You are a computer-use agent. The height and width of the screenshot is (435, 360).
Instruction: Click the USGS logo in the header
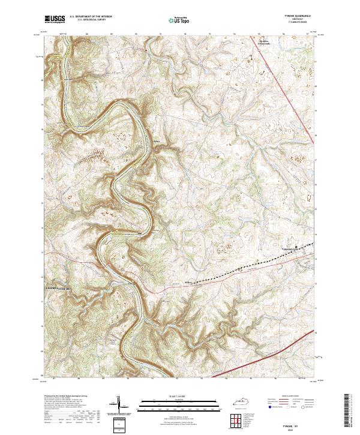pos(55,19)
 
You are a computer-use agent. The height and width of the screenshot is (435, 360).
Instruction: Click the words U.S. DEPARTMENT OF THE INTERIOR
pos(91,16)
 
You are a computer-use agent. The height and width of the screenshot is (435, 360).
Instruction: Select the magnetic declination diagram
pos(118,406)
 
